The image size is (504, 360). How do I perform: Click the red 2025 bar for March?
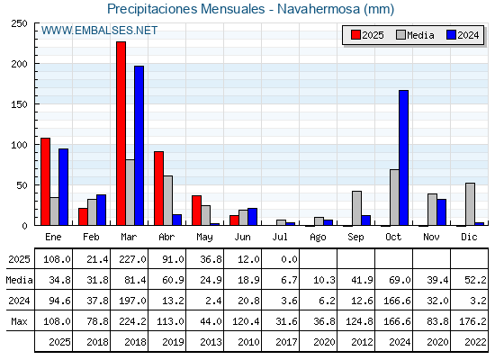pos(121,133)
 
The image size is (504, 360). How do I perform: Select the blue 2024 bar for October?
pos(404,157)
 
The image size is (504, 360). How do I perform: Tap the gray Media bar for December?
pos(470,204)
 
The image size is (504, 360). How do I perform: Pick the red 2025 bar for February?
pos(83,217)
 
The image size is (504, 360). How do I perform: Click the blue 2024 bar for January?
pos(63,187)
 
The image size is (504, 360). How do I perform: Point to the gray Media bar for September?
pos(356,208)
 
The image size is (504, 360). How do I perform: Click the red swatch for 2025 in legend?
pos(355,35)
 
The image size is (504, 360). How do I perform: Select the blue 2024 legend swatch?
pos(451,35)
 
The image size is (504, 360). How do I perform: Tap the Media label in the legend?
pos(420,35)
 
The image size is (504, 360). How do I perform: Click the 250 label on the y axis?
pos(19,23)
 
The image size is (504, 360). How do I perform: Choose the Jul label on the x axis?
pos(280,238)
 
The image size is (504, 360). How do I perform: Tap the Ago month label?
pos(318,238)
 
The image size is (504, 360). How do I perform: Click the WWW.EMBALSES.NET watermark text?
pos(99,31)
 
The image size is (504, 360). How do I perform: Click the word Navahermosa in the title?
pos(319,9)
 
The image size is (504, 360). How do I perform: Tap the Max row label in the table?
pos(19,321)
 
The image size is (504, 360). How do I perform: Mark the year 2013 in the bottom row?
pos(211,342)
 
